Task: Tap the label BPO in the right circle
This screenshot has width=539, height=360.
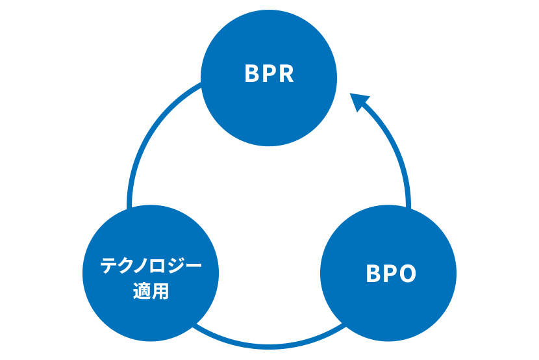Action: pyautogui.click(x=390, y=274)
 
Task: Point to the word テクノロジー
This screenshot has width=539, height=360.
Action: pyautogui.click(x=151, y=266)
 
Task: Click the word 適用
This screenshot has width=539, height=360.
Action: pyautogui.click(x=151, y=292)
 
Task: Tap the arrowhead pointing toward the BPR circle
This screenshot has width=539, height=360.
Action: pyautogui.click(x=359, y=103)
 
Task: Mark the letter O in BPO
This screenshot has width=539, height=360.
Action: pyautogui.click(x=407, y=274)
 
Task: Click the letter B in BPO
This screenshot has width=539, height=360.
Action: pyautogui.click(x=373, y=274)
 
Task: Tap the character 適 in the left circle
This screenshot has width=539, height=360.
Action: pyautogui.click(x=142, y=292)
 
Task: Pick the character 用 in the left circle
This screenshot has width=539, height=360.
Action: pyautogui.click(x=160, y=292)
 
